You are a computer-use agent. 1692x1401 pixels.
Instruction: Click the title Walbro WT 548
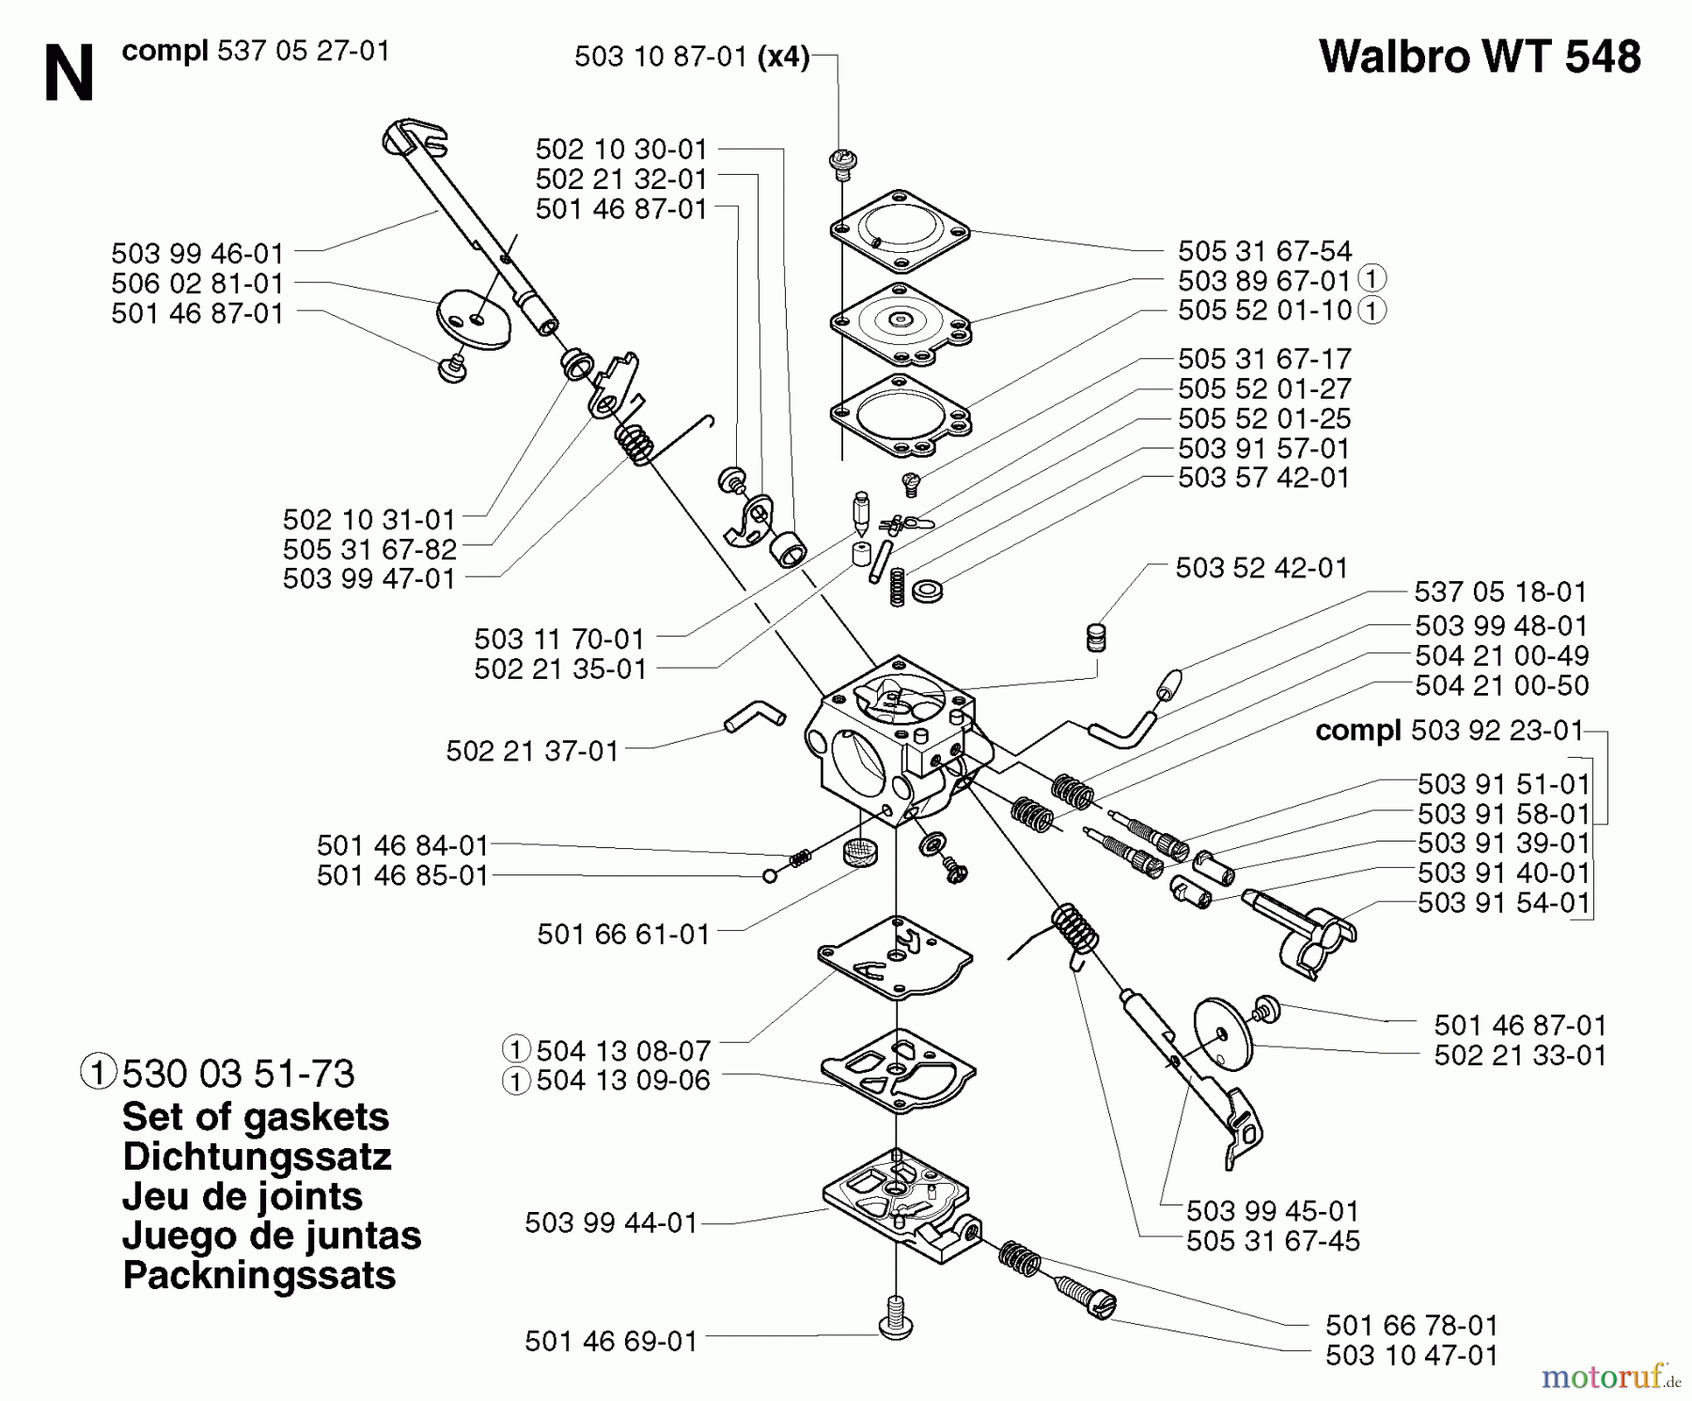[1480, 56]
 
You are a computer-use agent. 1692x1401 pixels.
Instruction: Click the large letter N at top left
[69, 75]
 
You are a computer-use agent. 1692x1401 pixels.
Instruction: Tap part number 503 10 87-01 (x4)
[691, 57]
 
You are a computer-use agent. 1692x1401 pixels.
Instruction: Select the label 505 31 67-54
[1264, 251]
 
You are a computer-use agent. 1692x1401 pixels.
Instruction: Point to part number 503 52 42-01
[1261, 568]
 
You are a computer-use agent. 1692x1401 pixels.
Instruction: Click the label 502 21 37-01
[532, 751]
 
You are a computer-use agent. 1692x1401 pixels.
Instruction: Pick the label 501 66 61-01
[623, 934]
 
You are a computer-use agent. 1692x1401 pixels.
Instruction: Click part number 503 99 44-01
[611, 1222]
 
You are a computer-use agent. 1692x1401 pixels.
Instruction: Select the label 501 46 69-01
[611, 1341]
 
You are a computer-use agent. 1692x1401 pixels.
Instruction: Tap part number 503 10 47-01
[1411, 1355]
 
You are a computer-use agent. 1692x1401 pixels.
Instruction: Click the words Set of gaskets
[255, 1117]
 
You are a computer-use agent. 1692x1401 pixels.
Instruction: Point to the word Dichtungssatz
[257, 1157]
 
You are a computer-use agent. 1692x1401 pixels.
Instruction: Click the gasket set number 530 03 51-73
[238, 1074]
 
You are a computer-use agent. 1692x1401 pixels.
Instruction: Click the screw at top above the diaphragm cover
[841, 165]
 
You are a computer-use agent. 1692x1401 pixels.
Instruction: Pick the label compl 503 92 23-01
[1449, 731]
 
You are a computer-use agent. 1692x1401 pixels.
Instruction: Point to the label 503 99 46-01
[196, 254]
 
